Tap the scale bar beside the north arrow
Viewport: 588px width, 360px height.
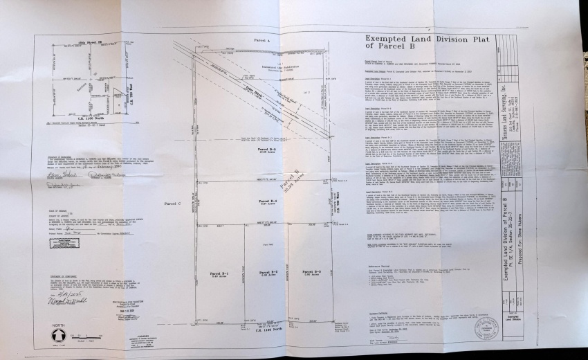pyautogui.click(x=90, y=338)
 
